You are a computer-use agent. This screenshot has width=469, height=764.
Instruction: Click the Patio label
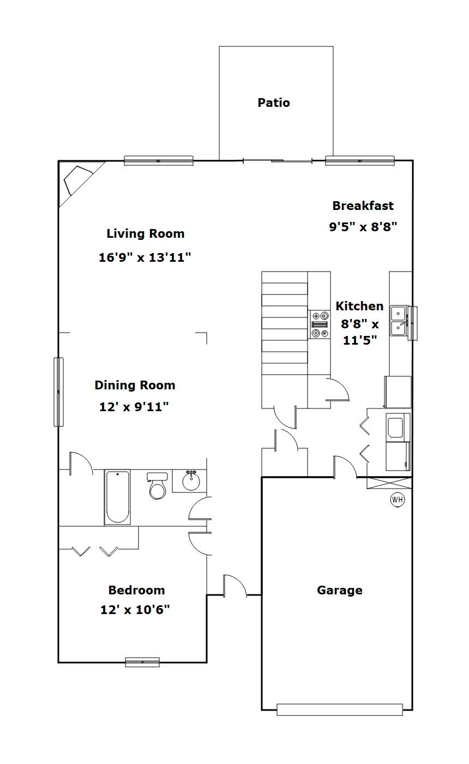274,103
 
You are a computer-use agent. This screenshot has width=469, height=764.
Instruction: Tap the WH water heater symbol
398,500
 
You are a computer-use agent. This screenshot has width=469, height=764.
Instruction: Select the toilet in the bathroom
157,485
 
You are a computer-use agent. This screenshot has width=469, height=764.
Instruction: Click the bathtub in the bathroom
117,497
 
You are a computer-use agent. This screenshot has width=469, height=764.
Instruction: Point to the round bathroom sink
191,481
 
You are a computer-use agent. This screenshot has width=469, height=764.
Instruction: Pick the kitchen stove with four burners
319,324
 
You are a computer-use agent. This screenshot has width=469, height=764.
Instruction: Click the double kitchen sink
399,321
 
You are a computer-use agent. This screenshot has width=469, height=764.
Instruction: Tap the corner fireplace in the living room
78,181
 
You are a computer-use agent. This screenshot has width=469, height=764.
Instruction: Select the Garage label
339,591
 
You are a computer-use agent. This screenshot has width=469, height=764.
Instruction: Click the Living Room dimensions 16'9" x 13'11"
145,257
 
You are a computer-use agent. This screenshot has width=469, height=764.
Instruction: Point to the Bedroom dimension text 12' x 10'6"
135,610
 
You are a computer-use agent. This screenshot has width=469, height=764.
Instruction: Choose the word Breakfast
363,206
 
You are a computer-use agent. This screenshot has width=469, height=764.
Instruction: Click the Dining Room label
135,385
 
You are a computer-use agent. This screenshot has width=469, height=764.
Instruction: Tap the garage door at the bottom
339,709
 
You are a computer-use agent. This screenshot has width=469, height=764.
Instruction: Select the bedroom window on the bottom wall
142,662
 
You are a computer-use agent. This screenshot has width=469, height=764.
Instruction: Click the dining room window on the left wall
59,392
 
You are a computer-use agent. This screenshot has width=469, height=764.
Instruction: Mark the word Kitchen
359,306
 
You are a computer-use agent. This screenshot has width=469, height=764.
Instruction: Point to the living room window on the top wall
159,161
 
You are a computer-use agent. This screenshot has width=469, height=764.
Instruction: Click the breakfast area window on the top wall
360,161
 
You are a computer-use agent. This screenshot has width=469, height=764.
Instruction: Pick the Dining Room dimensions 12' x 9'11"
134,407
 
